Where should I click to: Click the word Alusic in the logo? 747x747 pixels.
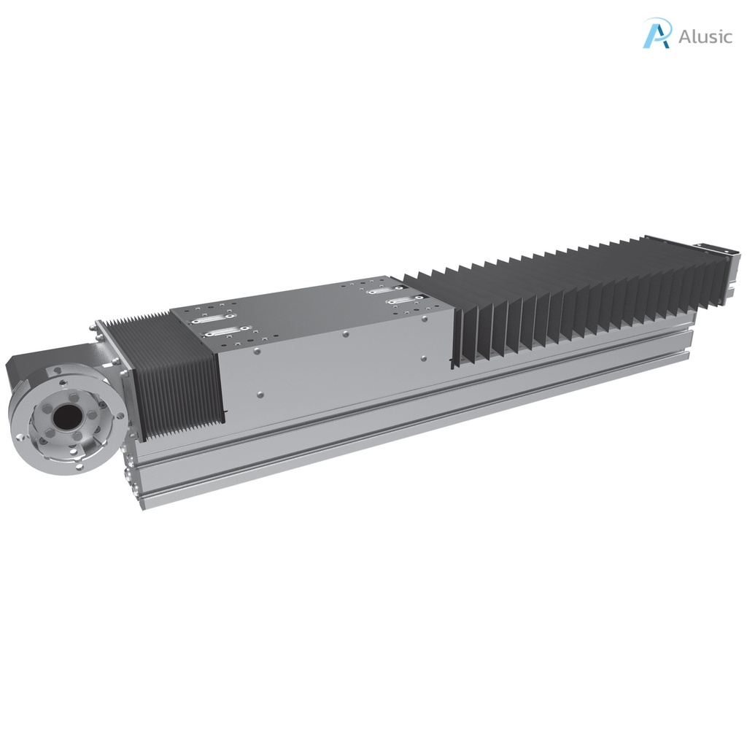(x=705, y=36)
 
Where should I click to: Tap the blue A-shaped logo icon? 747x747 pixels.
(x=656, y=34)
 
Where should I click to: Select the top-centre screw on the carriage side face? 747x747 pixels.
(x=345, y=335)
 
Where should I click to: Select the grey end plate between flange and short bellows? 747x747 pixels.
(x=117, y=365)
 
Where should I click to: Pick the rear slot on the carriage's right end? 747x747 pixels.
(x=384, y=291)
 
